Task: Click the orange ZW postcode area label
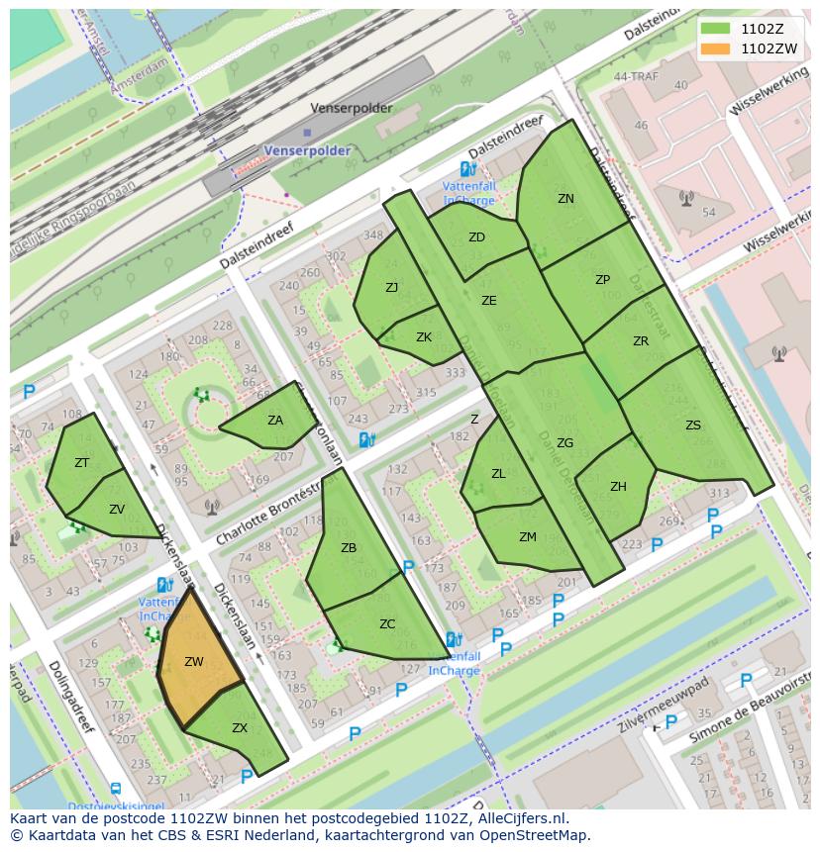click(194, 662)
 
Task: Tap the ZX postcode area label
click(240, 727)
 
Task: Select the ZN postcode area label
click(565, 199)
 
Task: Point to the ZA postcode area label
click(275, 421)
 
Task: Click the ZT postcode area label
click(82, 463)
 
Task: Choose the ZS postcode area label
click(693, 426)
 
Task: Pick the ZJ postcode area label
click(392, 288)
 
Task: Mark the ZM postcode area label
click(528, 537)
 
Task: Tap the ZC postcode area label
click(387, 624)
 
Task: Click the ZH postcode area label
click(619, 486)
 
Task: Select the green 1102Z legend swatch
click(713, 29)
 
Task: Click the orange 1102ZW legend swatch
click(713, 47)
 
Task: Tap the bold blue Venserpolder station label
click(307, 150)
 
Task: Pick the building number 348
click(372, 236)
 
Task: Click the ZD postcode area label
click(476, 237)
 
